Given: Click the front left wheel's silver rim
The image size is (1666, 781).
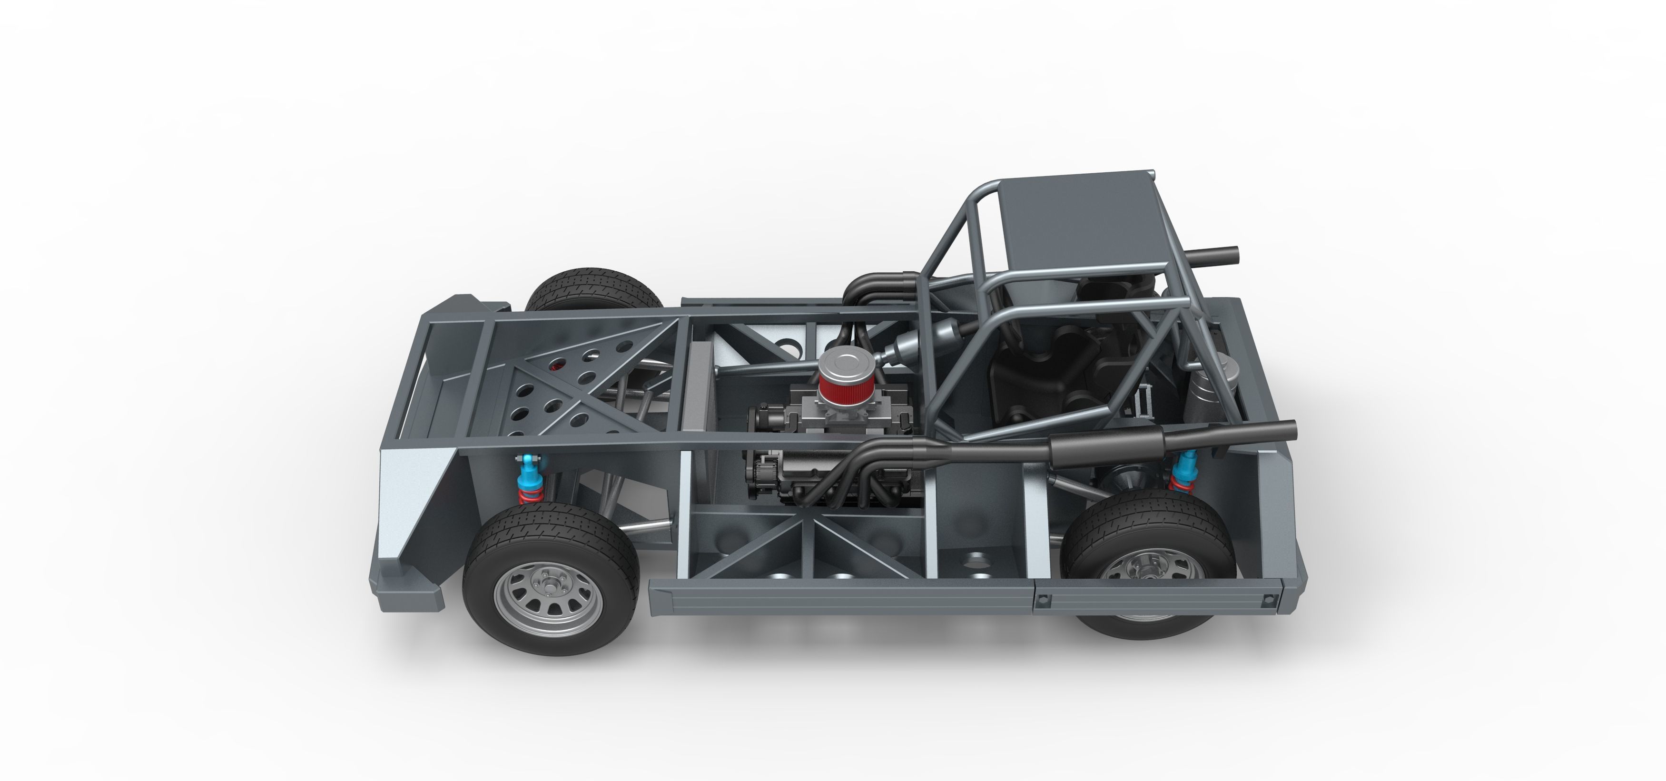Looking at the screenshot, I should [549, 596].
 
